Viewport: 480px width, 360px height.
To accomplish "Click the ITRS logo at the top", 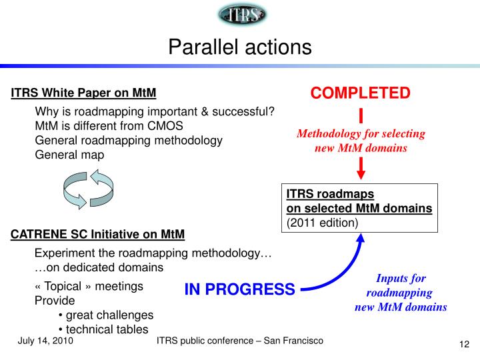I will (x=241, y=15).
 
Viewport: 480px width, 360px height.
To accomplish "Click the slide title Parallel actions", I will (x=239, y=47).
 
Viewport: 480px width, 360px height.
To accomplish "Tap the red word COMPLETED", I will (x=361, y=93).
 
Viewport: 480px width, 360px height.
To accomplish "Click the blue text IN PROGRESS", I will (x=239, y=289).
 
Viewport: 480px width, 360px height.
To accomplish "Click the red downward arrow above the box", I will (x=361, y=168).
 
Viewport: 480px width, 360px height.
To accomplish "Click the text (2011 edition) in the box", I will (x=323, y=222).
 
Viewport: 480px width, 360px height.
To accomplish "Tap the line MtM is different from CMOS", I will (x=109, y=125).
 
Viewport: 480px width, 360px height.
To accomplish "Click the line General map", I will (x=69, y=155).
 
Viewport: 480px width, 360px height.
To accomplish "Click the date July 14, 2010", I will (x=45, y=341).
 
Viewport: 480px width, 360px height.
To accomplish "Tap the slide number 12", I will (x=465, y=344).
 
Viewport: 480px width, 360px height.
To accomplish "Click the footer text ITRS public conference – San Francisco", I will (x=239, y=341).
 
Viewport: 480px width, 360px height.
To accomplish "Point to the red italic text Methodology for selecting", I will (x=361, y=134).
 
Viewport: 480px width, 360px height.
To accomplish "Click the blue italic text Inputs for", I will (x=401, y=279).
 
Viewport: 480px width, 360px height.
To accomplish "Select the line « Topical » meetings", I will (x=89, y=286).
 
